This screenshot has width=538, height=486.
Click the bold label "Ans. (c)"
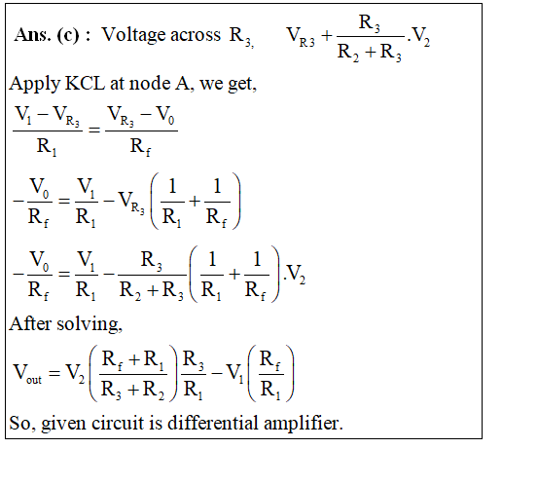click(x=47, y=35)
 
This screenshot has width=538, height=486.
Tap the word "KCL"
click(x=85, y=84)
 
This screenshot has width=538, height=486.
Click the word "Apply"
click(x=34, y=85)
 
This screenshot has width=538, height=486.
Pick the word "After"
click(x=30, y=323)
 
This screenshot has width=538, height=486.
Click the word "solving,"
click(x=90, y=324)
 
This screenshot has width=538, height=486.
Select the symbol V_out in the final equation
click(x=27, y=374)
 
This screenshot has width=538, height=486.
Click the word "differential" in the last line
click(x=213, y=423)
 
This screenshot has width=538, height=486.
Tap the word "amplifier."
click(x=304, y=424)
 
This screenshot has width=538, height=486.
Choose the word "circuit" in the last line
click(x=118, y=423)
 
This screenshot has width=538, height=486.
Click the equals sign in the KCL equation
click(x=94, y=130)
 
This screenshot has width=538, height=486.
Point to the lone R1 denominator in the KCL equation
click(x=47, y=147)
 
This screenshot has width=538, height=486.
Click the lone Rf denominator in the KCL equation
click(x=140, y=147)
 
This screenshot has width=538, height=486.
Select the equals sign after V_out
click(x=54, y=373)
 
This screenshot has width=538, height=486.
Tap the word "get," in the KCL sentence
click(x=242, y=85)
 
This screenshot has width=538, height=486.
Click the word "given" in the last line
click(x=63, y=424)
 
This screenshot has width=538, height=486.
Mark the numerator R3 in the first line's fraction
click(x=370, y=23)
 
